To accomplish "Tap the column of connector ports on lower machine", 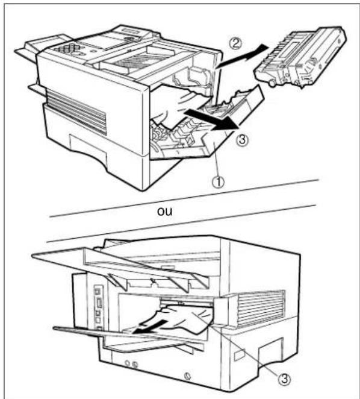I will click(98, 307).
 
